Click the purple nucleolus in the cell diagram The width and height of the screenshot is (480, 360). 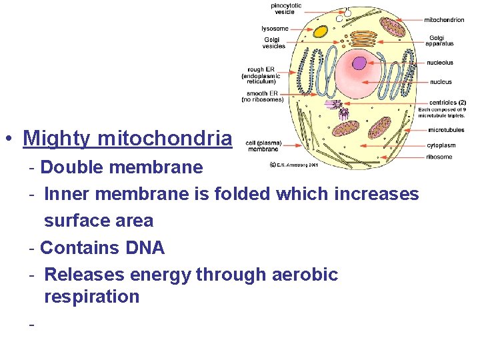click(359, 63)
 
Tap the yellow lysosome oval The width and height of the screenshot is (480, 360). click(321, 31)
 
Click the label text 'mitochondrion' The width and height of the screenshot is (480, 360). click(444, 20)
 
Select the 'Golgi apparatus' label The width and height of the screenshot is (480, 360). click(439, 41)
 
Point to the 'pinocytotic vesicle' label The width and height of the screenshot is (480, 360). click(285, 9)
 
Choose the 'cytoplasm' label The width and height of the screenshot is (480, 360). click(441, 145)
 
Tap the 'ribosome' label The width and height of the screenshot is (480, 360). click(440, 157)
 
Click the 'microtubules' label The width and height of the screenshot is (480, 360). click(446, 130)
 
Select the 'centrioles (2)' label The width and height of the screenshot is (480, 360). click(447, 102)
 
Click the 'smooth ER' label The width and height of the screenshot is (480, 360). click(263, 97)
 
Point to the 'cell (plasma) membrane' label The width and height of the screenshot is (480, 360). click(263, 146)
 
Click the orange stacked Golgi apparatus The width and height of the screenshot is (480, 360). click(363, 39)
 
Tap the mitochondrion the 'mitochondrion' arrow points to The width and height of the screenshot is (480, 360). click(393, 27)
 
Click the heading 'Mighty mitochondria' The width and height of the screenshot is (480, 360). click(127, 138)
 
